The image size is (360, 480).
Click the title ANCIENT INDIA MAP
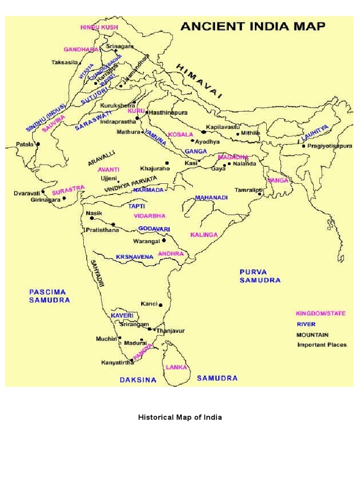pos(253,26)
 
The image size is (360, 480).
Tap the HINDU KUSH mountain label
pos(99,28)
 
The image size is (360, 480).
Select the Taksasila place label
pos(65,62)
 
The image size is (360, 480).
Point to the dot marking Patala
pos(38,144)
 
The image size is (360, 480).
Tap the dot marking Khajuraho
pos(166,163)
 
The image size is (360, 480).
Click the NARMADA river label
pos(149,190)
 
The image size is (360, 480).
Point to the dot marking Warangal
pos(164,240)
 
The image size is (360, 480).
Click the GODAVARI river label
pos(154,228)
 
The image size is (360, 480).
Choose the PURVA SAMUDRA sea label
pos(260,276)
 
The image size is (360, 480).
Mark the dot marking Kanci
pos(160,305)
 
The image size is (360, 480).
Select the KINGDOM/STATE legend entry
pos(321,313)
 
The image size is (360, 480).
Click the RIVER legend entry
pos(306,324)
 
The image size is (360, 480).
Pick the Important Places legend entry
pos(322,345)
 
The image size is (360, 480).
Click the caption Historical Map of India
pos(180,417)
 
